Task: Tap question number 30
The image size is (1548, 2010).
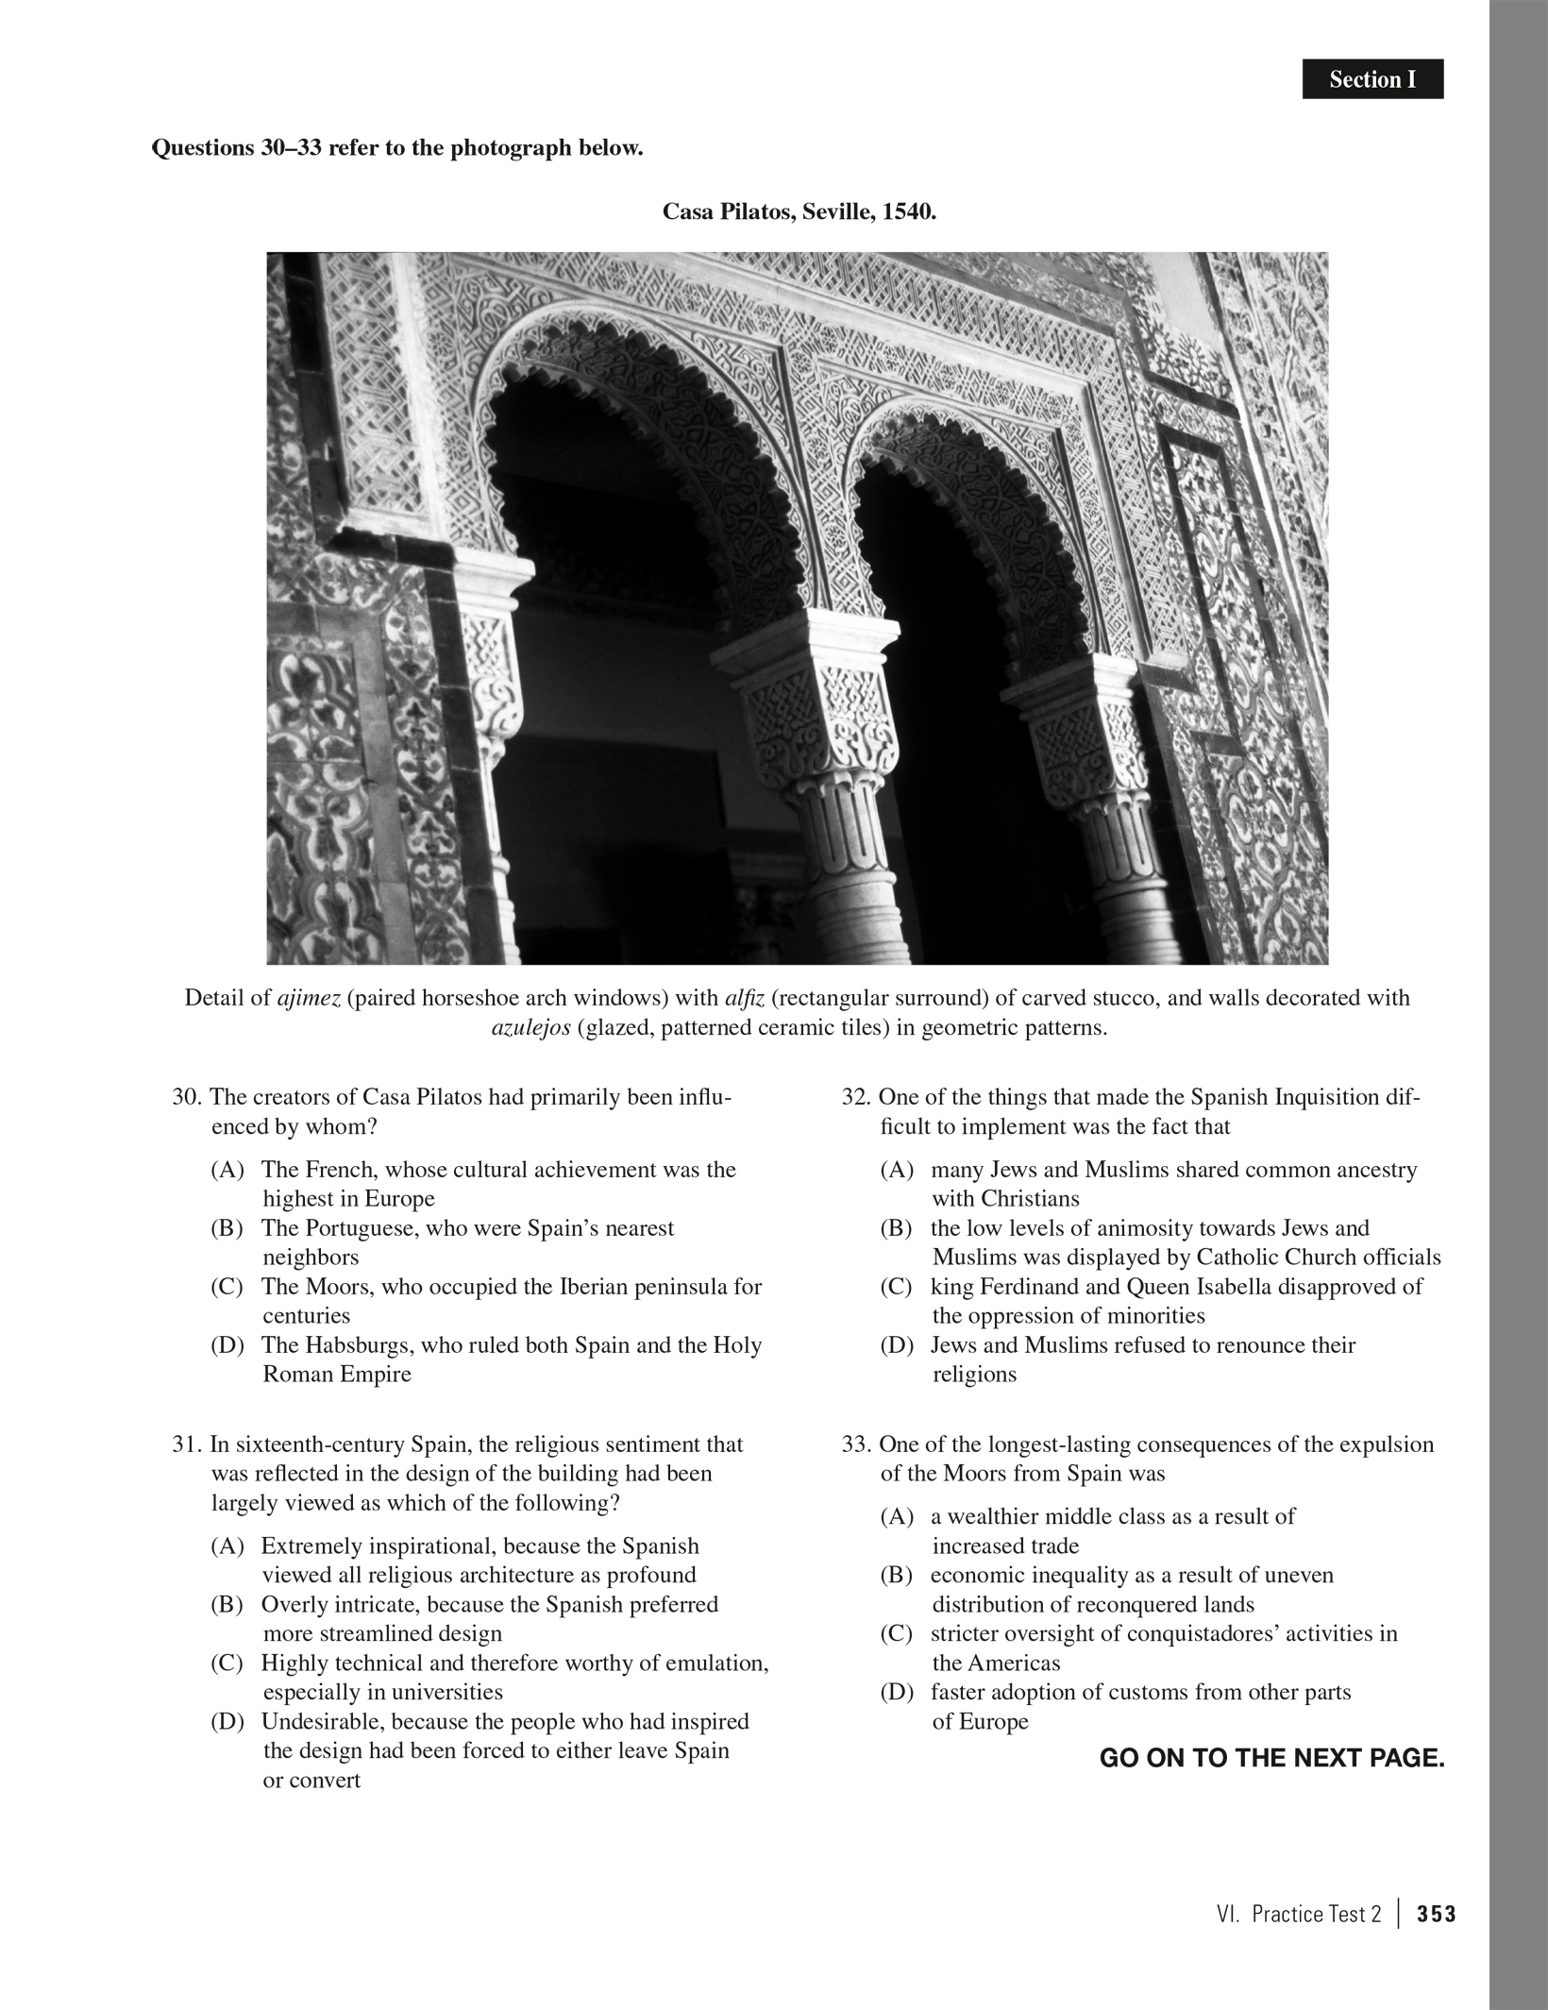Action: pos(184,1097)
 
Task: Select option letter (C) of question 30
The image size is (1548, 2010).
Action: pos(227,1286)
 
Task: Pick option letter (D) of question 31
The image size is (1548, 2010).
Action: pos(227,1721)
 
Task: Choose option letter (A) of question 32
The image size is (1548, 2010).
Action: pos(897,1170)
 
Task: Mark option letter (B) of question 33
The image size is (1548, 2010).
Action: pos(897,1575)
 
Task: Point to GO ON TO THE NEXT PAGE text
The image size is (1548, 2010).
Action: pos(1271,1758)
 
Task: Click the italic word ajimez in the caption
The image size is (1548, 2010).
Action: pos(308,998)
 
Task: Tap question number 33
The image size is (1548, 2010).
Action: pos(855,1444)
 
